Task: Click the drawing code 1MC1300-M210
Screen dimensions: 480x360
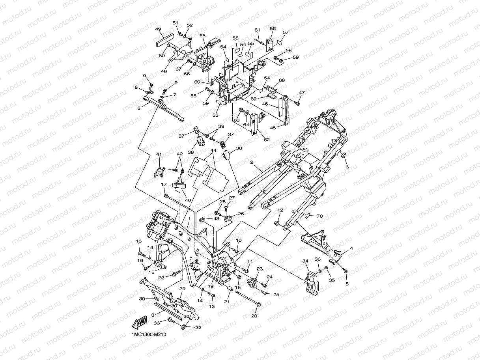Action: (149, 334)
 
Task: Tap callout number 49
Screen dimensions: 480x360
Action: (158, 29)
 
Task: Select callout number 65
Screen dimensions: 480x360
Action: (202, 35)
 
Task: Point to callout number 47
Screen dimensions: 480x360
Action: (302, 93)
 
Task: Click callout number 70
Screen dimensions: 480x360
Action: (320, 216)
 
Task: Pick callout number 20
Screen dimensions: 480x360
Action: (254, 315)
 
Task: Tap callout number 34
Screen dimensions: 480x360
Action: (305, 261)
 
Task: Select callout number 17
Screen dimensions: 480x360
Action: (164, 185)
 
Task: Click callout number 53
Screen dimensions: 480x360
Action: (215, 115)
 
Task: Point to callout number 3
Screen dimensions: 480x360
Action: (347, 167)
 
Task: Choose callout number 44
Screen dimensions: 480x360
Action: (213, 150)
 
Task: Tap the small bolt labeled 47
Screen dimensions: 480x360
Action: (297, 103)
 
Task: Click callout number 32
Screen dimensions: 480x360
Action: (198, 327)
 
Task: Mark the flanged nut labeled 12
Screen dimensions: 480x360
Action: (276, 223)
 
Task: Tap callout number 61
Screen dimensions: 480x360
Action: (258, 30)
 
